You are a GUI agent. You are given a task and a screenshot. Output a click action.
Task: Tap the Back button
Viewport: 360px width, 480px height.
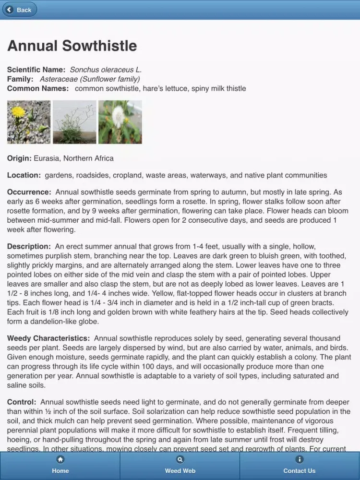point(19,10)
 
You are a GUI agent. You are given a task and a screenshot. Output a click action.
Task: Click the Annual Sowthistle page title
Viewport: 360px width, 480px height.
point(72,46)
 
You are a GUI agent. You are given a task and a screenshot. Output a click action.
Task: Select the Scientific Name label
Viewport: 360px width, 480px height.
point(36,70)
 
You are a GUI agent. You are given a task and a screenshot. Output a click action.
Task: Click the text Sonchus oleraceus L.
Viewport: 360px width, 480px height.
point(106,70)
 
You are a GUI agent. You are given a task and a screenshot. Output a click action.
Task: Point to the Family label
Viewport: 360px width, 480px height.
point(20,79)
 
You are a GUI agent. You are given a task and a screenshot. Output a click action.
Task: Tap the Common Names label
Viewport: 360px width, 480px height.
point(37,88)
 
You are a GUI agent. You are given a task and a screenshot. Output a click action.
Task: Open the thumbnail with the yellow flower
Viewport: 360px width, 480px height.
point(29,122)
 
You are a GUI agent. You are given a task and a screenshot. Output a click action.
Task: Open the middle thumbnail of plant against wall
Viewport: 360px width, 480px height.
point(74,122)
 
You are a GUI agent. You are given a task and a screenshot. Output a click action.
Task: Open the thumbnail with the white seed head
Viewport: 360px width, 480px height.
point(120,122)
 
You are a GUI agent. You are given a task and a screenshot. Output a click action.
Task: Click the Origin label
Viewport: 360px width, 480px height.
point(19,158)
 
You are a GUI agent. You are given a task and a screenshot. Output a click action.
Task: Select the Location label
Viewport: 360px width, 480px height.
point(24,175)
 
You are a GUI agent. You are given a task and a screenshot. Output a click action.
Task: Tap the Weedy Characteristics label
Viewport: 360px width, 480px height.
point(48,338)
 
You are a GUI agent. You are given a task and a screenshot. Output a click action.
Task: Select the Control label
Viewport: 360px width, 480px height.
point(22,402)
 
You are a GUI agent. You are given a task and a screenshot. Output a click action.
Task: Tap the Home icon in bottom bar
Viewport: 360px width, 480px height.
point(60,459)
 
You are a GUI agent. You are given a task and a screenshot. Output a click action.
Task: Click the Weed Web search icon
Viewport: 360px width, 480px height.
point(180,459)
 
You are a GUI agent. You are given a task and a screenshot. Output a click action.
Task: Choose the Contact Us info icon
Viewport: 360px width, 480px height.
point(300,459)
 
